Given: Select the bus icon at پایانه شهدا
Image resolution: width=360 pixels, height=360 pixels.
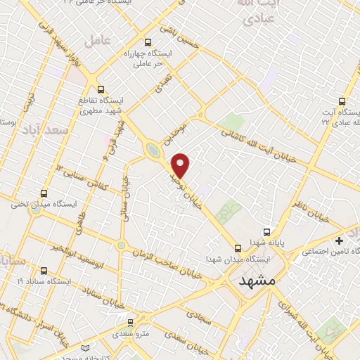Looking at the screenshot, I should pos(266,231).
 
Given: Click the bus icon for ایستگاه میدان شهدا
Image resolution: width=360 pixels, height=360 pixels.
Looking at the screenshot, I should pos(238,248).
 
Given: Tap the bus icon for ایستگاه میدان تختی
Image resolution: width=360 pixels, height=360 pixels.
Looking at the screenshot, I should pos(45,193).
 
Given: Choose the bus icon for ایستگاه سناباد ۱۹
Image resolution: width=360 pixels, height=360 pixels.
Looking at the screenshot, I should pos(45,270).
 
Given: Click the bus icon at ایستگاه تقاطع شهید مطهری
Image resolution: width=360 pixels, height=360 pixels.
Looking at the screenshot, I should pos(101,89).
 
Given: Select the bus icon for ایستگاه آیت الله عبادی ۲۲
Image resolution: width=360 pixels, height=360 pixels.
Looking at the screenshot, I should pos(342,101).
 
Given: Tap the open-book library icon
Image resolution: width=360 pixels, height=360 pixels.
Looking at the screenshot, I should pos(86,349).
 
